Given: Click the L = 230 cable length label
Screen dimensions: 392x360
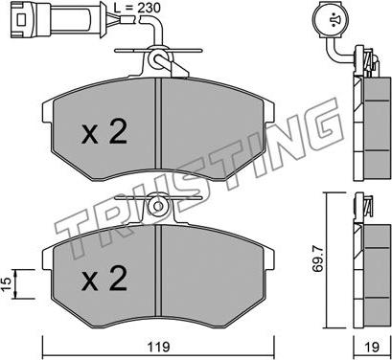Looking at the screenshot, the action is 137,8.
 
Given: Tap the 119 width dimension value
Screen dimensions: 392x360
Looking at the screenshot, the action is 159,347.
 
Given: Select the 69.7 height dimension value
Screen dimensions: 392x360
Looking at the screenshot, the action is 318,258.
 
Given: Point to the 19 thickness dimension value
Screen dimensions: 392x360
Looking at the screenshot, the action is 372,347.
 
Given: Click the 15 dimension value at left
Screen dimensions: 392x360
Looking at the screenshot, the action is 7,282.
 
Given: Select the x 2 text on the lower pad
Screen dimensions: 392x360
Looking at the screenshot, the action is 104,279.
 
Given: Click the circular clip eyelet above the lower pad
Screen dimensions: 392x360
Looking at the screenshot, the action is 158,206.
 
